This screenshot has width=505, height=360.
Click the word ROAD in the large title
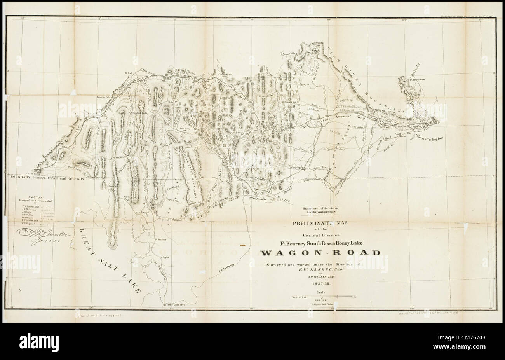(359, 253)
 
